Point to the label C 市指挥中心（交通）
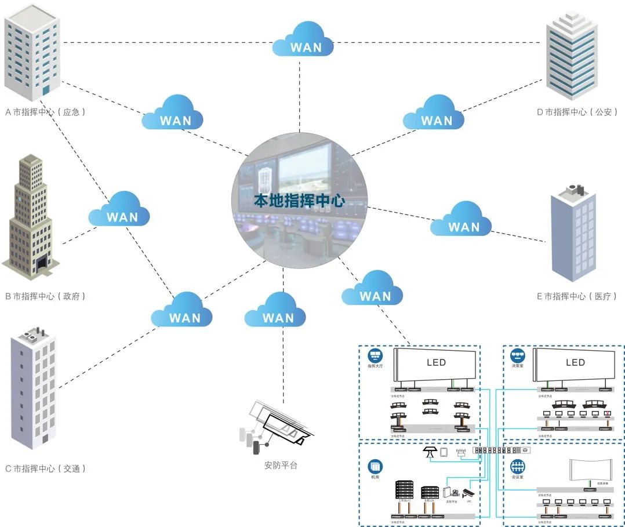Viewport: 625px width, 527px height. (46, 468)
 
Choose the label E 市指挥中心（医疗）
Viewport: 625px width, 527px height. (576, 296)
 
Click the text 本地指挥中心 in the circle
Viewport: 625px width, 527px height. (299, 201)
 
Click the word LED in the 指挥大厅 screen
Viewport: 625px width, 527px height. (436, 362)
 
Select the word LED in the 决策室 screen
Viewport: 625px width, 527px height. (575, 362)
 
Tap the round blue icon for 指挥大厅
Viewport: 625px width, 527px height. (374, 354)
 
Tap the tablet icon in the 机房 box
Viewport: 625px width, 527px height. (444, 452)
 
